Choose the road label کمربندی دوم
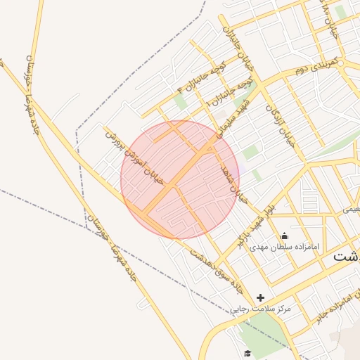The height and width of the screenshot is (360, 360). pos(316,66)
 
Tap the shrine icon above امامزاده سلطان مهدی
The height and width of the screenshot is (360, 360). pos(284,236)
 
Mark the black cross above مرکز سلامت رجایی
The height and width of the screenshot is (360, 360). pos(261,297)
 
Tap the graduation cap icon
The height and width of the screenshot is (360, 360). pos(246,354)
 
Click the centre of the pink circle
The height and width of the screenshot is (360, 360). pos(180,180)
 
